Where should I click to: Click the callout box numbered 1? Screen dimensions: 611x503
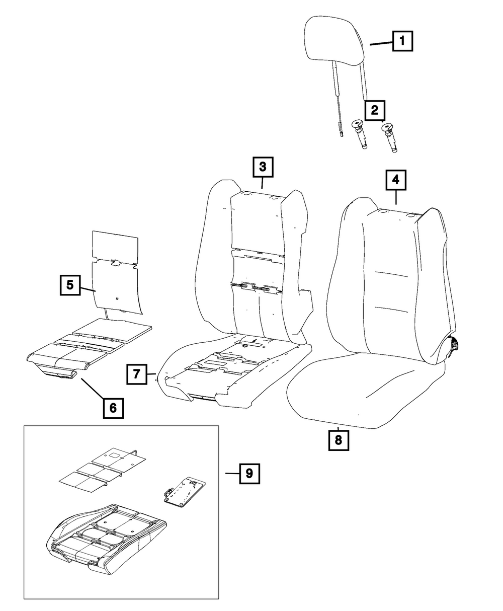click(x=402, y=41)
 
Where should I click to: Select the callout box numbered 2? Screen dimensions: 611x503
click(x=375, y=110)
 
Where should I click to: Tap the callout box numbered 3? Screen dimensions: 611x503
click(x=263, y=168)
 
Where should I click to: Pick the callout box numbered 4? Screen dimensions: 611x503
click(x=396, y=180)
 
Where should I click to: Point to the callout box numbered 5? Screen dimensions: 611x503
click(x=69, y=285)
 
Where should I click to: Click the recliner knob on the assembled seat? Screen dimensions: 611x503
click(x=456, y=346)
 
